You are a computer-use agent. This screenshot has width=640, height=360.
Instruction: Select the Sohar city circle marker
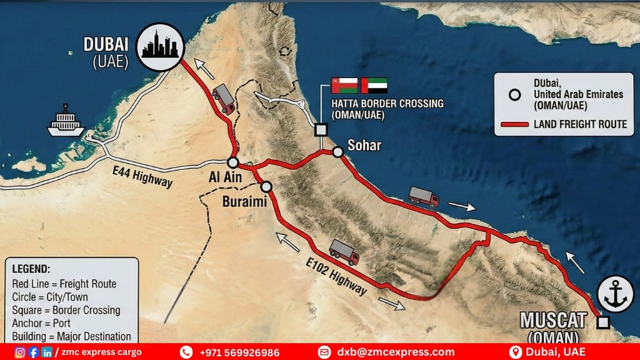tap(337, 151)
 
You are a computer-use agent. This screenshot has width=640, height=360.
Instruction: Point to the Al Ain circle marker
tap(232, 162)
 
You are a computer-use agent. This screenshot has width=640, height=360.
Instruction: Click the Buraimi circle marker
tap(266, 186)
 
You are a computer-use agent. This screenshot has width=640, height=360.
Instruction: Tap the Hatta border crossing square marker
tap(321, 129)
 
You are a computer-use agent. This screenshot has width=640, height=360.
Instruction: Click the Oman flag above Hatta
tap(344, 86)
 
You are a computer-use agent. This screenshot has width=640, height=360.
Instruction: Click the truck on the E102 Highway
tap(344, 251)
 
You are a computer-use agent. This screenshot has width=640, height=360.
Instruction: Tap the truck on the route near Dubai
tap(223, 99)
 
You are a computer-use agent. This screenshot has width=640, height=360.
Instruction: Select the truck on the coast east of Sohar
tap(423, 196)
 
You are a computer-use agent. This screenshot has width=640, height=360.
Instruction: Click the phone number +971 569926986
tap(239, 352)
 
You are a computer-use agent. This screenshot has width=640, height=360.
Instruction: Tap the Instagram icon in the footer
tap(20, 352)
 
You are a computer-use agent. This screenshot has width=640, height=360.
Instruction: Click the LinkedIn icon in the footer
tap(47, 352)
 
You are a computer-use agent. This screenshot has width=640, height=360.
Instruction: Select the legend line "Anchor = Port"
tap(42, 323)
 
